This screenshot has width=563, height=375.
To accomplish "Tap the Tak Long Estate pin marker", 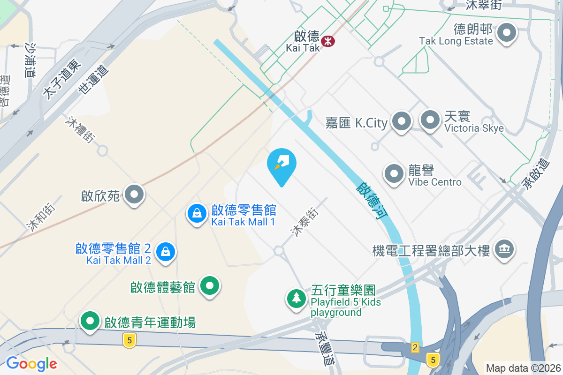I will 507,34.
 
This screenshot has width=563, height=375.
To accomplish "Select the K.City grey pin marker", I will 401,121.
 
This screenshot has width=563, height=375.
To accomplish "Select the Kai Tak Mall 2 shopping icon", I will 166,252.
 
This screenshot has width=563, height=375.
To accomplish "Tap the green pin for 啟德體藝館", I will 210,285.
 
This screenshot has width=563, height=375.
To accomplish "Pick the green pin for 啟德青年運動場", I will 90,322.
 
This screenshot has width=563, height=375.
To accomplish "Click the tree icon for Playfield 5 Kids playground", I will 296,298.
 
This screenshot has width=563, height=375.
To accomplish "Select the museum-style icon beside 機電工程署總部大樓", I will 504,248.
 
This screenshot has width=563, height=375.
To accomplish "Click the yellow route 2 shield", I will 415,347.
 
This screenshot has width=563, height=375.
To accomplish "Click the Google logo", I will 31,363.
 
